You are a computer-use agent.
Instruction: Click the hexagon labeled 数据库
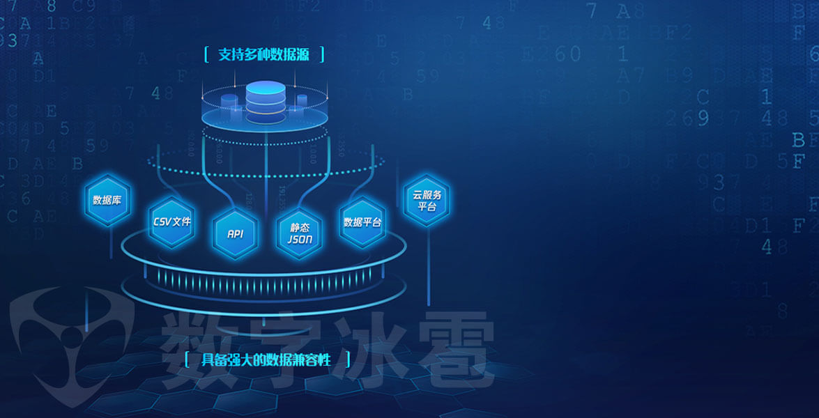coord(107,200)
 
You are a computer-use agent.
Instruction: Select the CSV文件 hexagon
coord(171,222)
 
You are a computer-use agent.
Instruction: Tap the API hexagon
coord(235,233)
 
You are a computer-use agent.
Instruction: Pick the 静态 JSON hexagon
coord(300,233)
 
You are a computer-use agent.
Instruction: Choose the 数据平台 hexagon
coord(362,222)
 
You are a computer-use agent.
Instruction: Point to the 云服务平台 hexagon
coord(427,201)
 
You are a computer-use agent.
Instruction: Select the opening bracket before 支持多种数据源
coord(206,55)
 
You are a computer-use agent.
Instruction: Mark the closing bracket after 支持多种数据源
coord(321,55)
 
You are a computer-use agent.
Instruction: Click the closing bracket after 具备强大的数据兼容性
coord(346,360)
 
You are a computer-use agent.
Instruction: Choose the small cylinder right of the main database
coord(302,102)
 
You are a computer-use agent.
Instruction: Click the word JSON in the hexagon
coord(300,239)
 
